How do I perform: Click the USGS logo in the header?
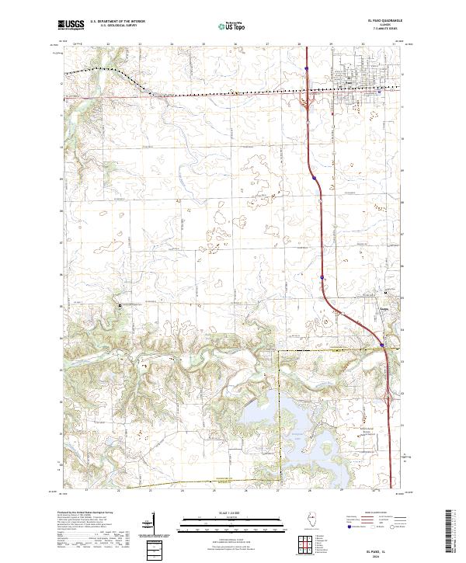[71, 26]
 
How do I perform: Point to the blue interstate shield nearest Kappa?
[382, 345]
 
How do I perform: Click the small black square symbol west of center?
[120, 306]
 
